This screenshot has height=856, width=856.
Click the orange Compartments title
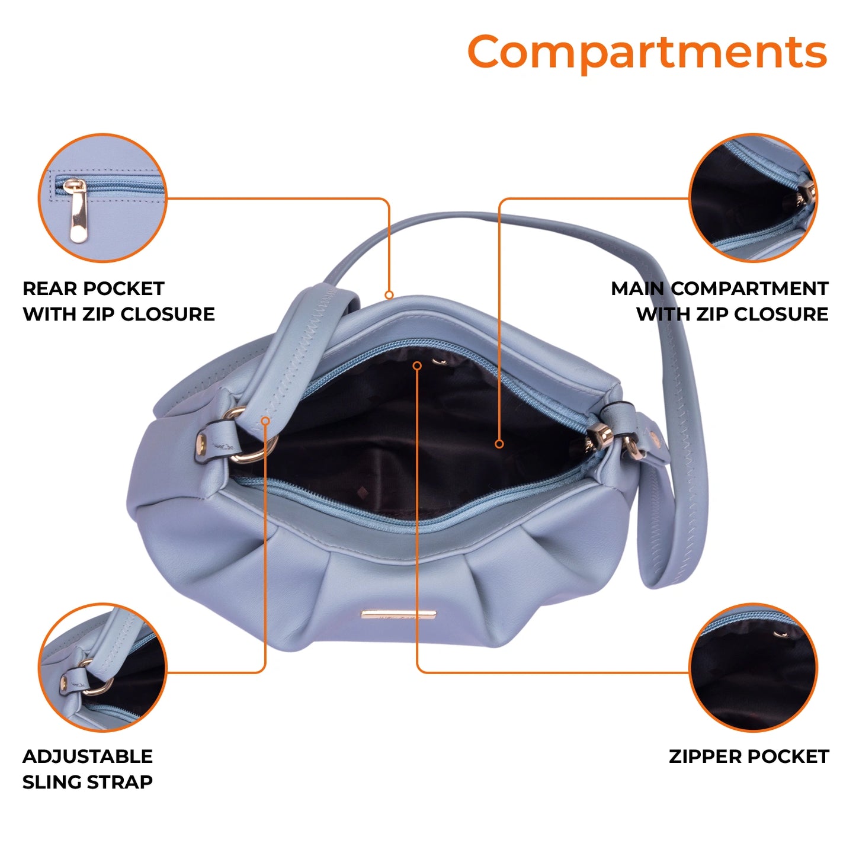tap(647, 52)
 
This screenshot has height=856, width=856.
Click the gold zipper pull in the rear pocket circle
tap(77, 210)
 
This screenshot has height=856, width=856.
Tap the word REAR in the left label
tap(50, 288)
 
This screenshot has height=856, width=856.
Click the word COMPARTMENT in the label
tap(749, 288)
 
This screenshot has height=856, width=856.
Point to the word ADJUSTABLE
tap(88, 756)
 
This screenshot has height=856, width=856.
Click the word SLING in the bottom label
tap(50, 782)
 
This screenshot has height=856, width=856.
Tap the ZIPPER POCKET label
tap(749, 756)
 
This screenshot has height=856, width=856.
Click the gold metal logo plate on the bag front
tap(399, 614)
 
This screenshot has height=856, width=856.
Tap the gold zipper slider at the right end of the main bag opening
tap(599, 435)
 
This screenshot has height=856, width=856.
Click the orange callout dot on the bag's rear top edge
tap(389, 295)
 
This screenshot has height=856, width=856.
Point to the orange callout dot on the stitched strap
tap(265, 421)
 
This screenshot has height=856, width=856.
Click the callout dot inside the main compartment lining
tap(499, 444)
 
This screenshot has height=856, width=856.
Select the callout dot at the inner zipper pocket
tap(417, 366)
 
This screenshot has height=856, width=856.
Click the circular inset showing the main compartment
tap(753, 198)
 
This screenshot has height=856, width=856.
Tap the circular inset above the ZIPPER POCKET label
tap(753, 667)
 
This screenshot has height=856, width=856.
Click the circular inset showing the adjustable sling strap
tap(102, 667)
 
